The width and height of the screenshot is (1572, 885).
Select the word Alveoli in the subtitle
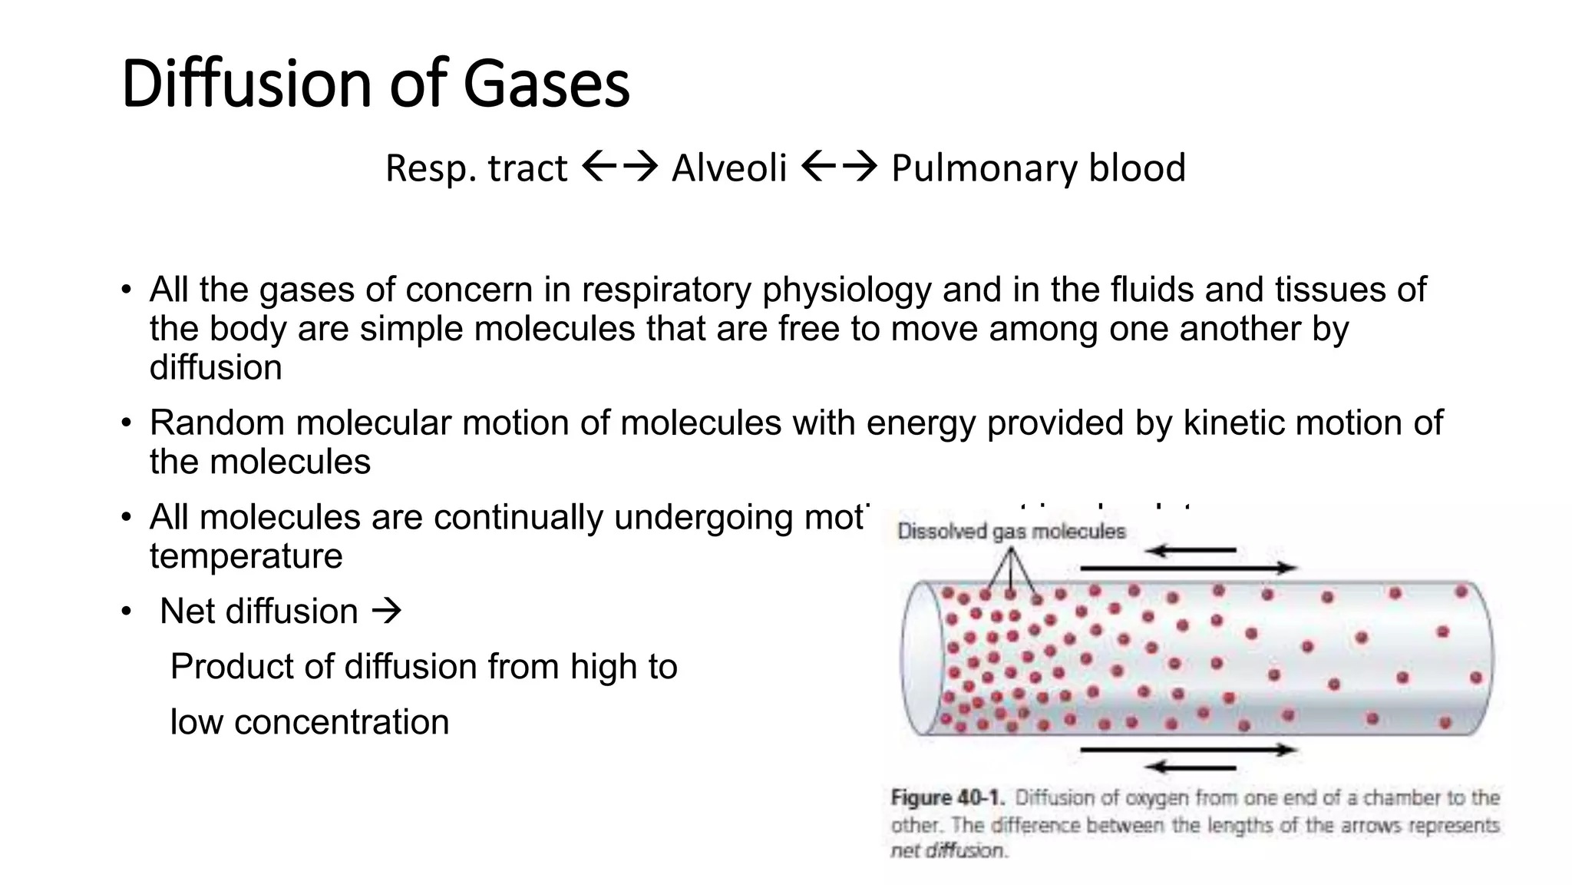(x=728, y=167)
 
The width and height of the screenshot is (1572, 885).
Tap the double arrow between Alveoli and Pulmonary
(x=838, y=166)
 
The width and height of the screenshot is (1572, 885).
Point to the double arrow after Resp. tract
(x=619, y=166)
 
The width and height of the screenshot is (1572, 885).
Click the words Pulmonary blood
(x=1038, y=167)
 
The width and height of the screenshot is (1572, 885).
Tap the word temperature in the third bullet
(x=246, y=555)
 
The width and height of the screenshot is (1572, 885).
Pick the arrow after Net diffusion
(x=386, y=612)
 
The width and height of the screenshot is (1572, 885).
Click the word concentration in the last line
(x=341, y=722)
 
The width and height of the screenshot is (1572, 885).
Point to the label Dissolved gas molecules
(x=1011, y=531)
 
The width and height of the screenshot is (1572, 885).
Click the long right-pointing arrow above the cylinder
(x=1188, y=568)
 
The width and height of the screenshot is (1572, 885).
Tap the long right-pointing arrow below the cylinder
(x=1188, y=749)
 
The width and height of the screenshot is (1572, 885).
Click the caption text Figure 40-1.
(x=947, y=797)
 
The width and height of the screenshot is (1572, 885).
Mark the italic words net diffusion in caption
(x=947, y=850)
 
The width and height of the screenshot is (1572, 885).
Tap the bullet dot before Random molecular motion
(x=126, y=423)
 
